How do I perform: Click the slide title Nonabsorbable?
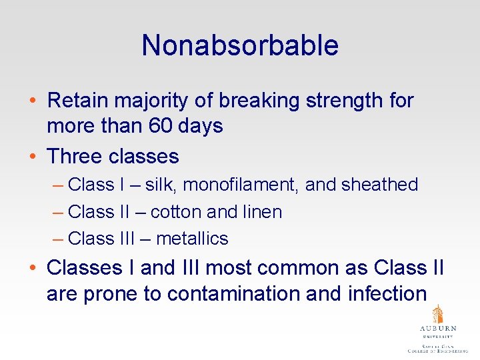[x=240, y=45]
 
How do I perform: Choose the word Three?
[x=75, y=157]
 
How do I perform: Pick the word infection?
[x=387, y=293]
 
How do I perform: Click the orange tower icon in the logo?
[x=437, y=315]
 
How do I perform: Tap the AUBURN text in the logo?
[x=438, y=329]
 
